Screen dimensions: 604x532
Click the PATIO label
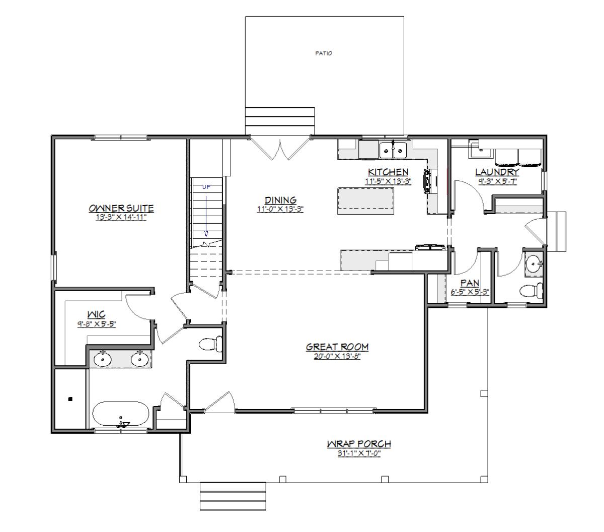(324, 53)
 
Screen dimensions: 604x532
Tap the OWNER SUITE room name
(121, 208)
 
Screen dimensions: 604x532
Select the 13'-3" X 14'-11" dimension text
(121, 217)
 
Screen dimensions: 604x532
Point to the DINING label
(280, 200)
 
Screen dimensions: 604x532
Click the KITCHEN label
(388, 172)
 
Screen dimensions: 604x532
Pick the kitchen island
(365, 201)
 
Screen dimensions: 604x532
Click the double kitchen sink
(393, 150)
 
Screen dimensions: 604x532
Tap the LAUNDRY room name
(497, 172)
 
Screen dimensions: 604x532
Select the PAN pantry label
(470, 283)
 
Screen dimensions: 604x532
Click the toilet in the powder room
(531, 290)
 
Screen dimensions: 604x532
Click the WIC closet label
(96, 314)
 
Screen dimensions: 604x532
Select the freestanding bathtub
(120, 414)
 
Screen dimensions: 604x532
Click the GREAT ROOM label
(337, 347)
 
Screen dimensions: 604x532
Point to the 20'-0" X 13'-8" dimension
(337, 356)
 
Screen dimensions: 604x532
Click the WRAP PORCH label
(359, 444)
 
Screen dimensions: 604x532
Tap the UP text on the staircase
(206, 187)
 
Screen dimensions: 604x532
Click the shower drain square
(70, 398)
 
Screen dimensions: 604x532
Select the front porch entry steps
(233, 496)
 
